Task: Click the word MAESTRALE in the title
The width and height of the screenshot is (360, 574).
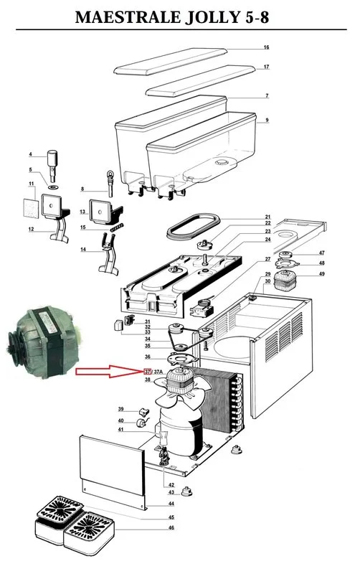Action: (x=125, y=17)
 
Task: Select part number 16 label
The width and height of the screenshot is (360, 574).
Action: (x=266, y=47)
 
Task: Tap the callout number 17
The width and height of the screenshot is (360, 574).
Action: (x=266, y=67)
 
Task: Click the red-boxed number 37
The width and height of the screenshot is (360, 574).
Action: (x=148, y=372)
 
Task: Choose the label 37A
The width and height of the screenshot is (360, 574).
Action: (x=159, y=372)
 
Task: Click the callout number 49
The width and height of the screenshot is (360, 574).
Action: (x=322, y=274)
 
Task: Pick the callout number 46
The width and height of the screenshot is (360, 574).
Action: (x=171, y=527)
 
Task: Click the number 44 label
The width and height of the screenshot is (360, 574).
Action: (x=171, y=505)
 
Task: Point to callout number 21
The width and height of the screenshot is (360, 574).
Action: (x=267, y=217)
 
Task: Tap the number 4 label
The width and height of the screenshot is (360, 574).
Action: (x=31, y=154)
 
